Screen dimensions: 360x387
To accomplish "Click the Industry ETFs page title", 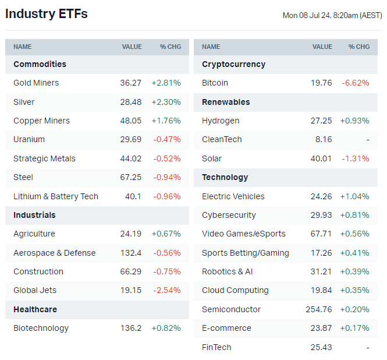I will [x=47, y=14].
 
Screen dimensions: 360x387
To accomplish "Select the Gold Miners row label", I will [x=36, y=83].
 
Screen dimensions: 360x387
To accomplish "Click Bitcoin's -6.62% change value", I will [x=356, y=83].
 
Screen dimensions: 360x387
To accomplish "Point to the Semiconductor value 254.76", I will [x=319, y=309].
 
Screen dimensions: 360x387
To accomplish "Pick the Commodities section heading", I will [x=40, y=64].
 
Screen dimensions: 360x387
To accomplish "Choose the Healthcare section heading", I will [x=35, y=309].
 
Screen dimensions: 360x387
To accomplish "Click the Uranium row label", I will [x=29, y=139].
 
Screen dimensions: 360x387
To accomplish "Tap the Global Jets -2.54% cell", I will [x=167, y=290].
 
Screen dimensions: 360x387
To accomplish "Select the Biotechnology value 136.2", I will [x=130, y=328].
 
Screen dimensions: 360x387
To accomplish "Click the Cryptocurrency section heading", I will [x=233, y=64].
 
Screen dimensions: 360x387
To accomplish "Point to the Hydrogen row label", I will [x=221, y=121].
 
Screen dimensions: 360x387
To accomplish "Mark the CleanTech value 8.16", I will [x=323, y=139].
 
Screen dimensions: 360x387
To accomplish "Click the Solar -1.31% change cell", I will [x=356, y=158].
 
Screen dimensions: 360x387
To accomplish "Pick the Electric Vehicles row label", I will [x=233, y=196].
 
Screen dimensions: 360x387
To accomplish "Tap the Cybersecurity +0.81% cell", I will [x=354, y=215].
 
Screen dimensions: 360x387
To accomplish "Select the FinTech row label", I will [x=216, y=347].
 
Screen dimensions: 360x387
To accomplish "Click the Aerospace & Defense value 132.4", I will [x=130, y=253].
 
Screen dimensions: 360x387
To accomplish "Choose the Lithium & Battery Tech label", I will [x=56, y=196].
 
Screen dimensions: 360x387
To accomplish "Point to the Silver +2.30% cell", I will [x=166, y=102].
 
